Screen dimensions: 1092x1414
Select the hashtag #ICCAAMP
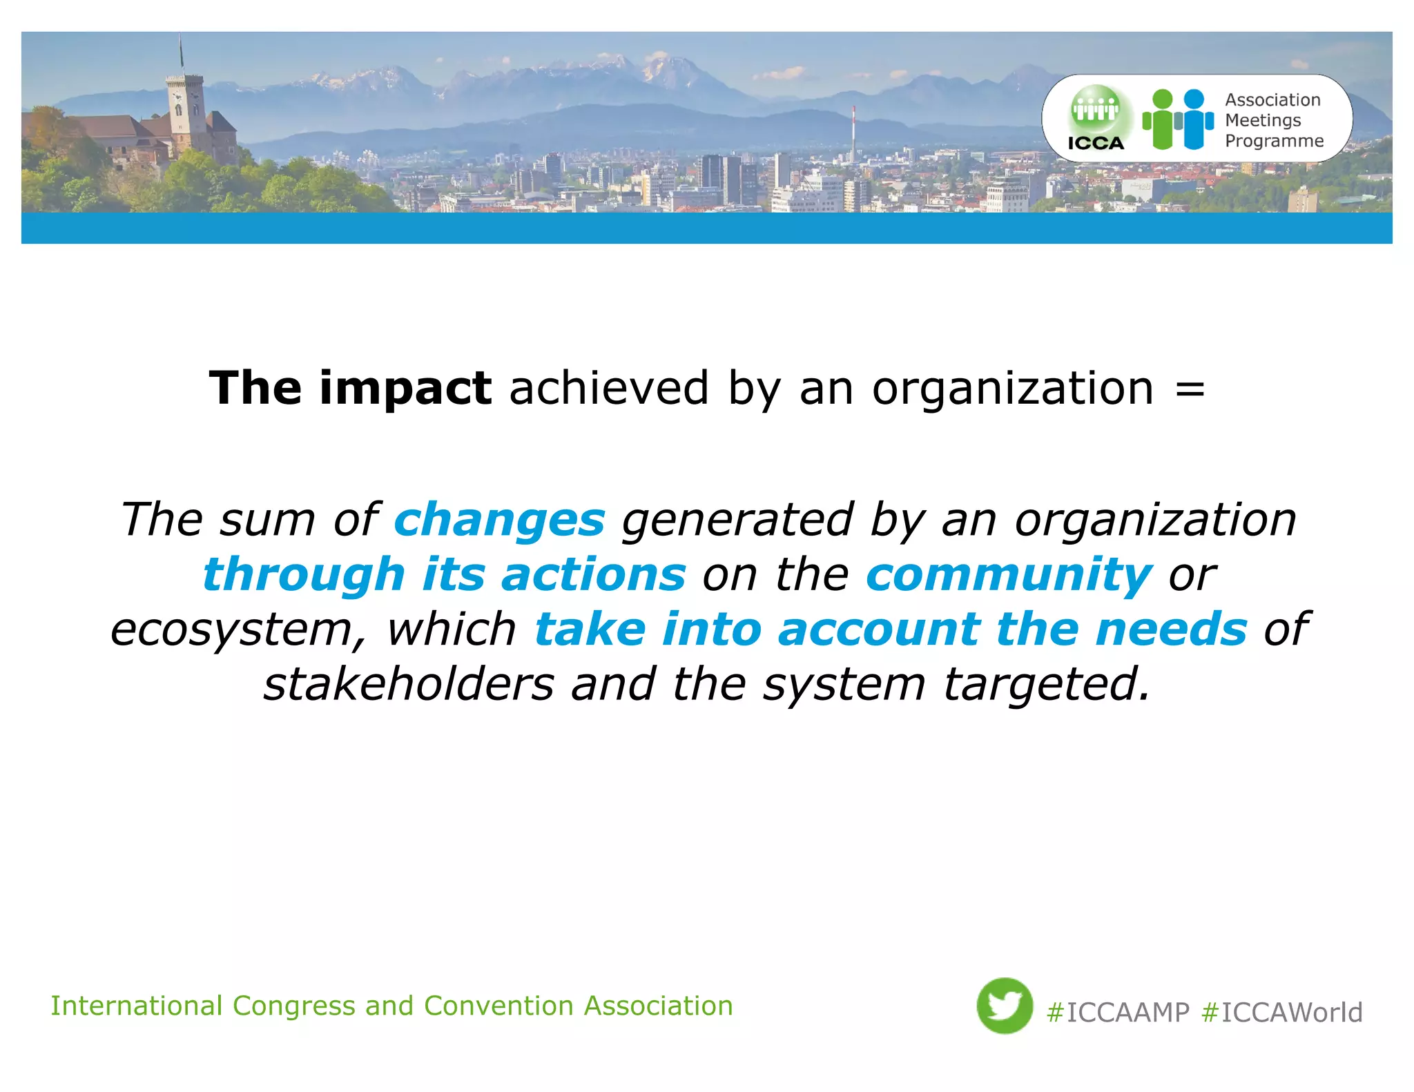(x=1118, y=1013)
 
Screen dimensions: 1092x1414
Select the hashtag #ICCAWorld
(x=1282, y=1013)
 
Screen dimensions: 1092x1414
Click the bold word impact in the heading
(x=405, y=389)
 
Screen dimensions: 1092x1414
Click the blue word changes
(x=499, y=520)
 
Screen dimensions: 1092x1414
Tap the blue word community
(x=1009, y=575)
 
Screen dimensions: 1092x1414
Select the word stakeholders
(x=409, y=685)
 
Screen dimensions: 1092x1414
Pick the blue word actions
(x=593, y=575)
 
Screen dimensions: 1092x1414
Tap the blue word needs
(x=1171, y=630)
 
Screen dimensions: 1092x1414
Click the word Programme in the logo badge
(x=1274, y=142)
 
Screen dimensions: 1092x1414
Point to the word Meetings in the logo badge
(x=1263, y=121)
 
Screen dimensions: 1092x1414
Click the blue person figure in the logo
(x=1194, y=119)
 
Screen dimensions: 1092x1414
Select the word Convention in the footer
(x=498, y=1006)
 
